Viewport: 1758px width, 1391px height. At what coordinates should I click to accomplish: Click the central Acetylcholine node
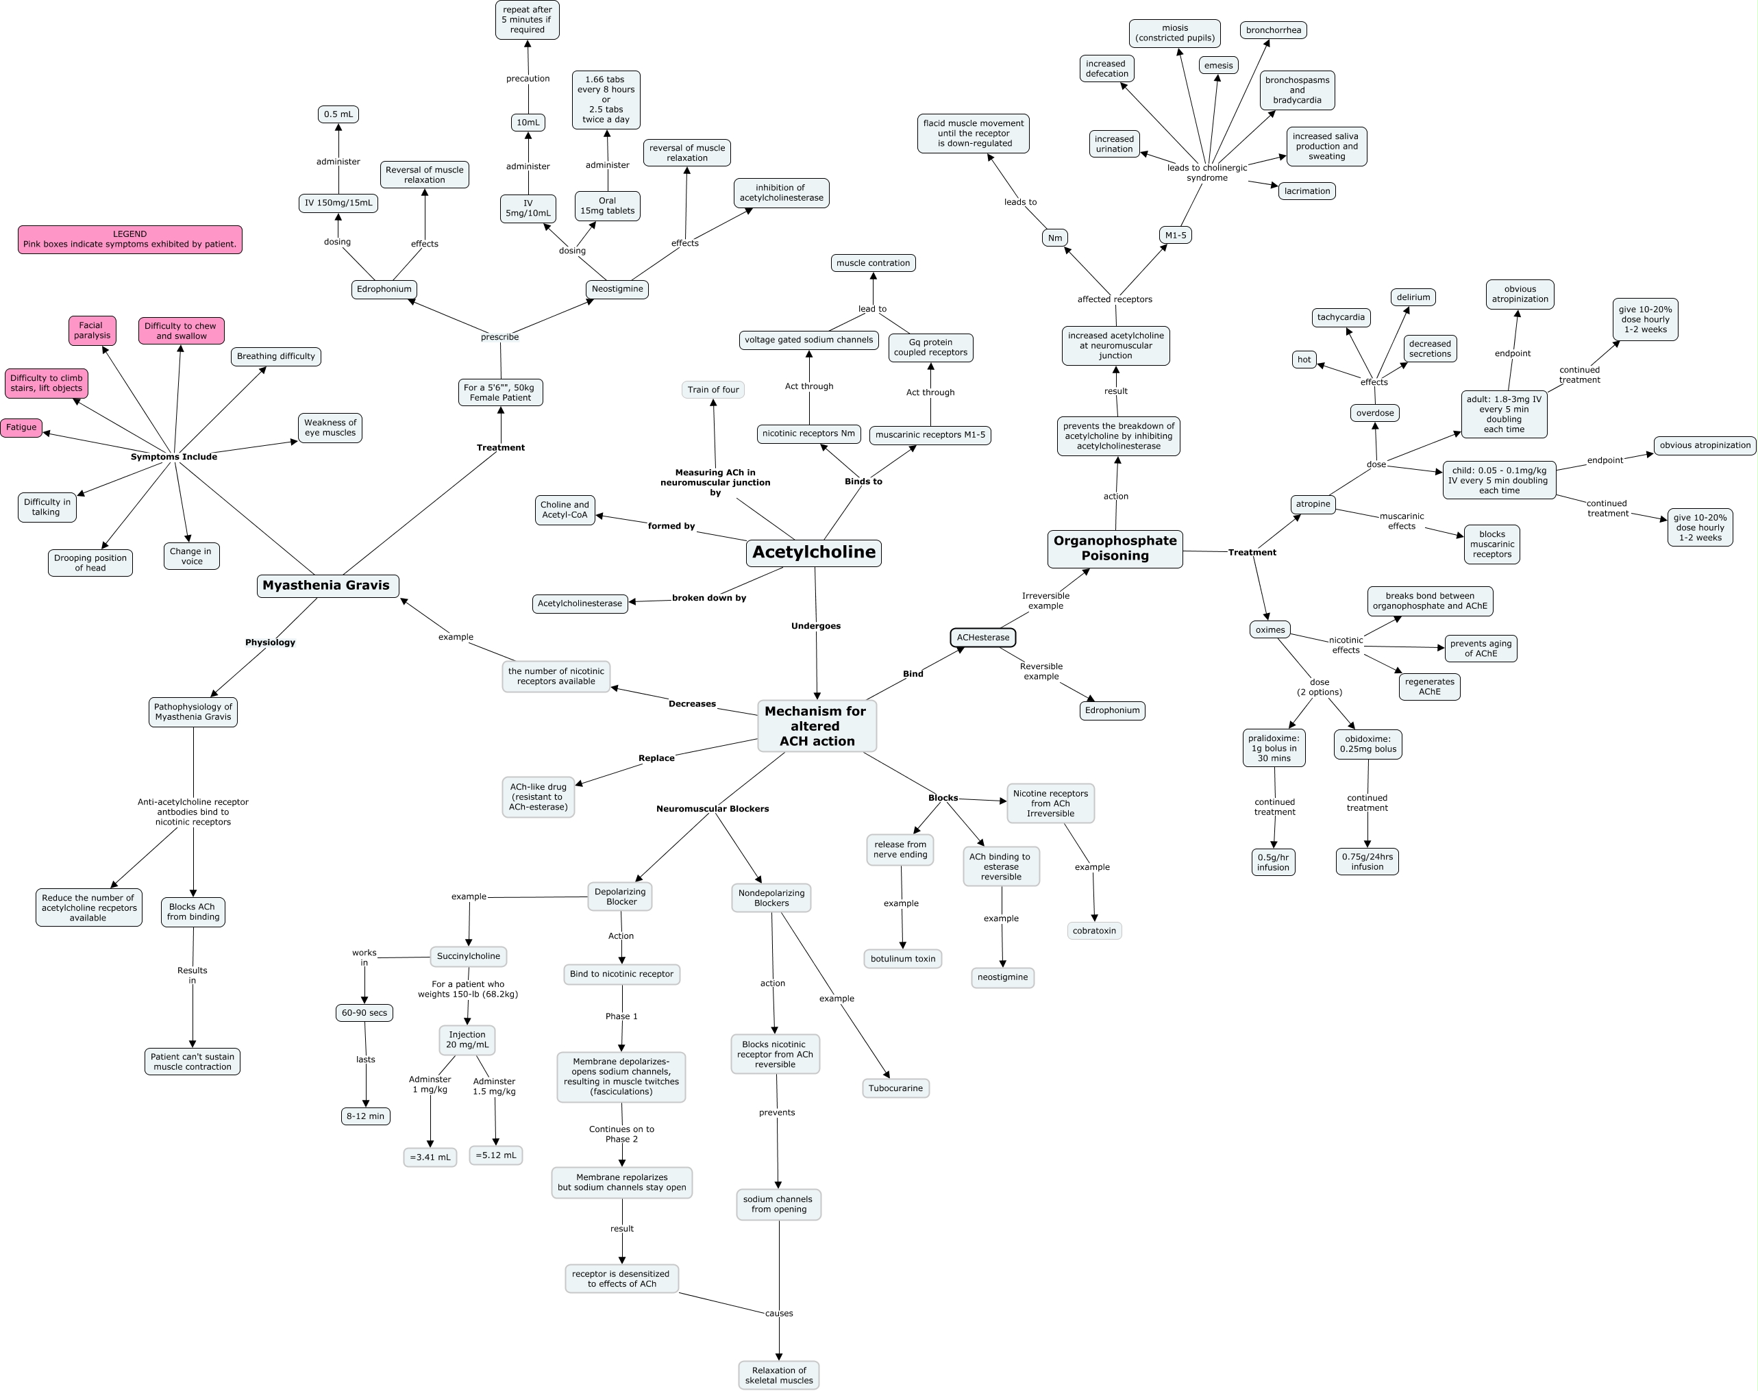click(x=813, y=552)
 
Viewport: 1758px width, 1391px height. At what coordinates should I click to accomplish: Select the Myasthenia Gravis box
click(x=327, y=586)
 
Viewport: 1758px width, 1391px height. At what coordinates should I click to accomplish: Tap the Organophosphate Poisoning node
click(x=1115, y=549)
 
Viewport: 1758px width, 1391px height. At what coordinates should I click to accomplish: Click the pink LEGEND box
click(x=130, y=240)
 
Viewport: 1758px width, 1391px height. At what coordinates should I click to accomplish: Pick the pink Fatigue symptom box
click(x=21, y=427)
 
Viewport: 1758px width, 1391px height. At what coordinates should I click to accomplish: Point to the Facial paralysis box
click(x=92, y=331)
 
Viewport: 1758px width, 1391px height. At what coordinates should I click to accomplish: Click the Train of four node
click(x=713, y=389)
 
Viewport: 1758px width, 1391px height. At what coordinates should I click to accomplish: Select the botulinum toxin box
click(x=902, y=959)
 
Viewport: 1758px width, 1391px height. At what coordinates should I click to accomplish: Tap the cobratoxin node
click(x=1094, y=930)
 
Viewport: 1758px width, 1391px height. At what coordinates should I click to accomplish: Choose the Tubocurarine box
click(x=895, y=1088)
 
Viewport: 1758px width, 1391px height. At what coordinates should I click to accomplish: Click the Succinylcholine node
click(x=469, y=956)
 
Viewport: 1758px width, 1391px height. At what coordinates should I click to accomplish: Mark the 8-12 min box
click(x=365, y=1116)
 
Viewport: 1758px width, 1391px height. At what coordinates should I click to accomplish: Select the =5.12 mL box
click(x=495, y=1155)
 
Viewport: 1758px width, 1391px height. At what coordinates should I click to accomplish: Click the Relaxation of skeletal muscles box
click(x=779, y=1375)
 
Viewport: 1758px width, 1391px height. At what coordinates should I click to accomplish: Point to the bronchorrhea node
click(x=1274, y=30)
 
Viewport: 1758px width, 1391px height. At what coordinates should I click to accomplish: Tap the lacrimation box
click(x=1307, y=191)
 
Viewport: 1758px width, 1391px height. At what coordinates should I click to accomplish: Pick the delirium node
click(x=1413, y=297)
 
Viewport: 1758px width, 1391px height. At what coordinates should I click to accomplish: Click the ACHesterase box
click(x=983, y=638)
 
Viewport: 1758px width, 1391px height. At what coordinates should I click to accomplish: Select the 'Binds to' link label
click(x=863, y=481)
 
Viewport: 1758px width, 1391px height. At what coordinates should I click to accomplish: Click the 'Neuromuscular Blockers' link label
click(x=713, y=809)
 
